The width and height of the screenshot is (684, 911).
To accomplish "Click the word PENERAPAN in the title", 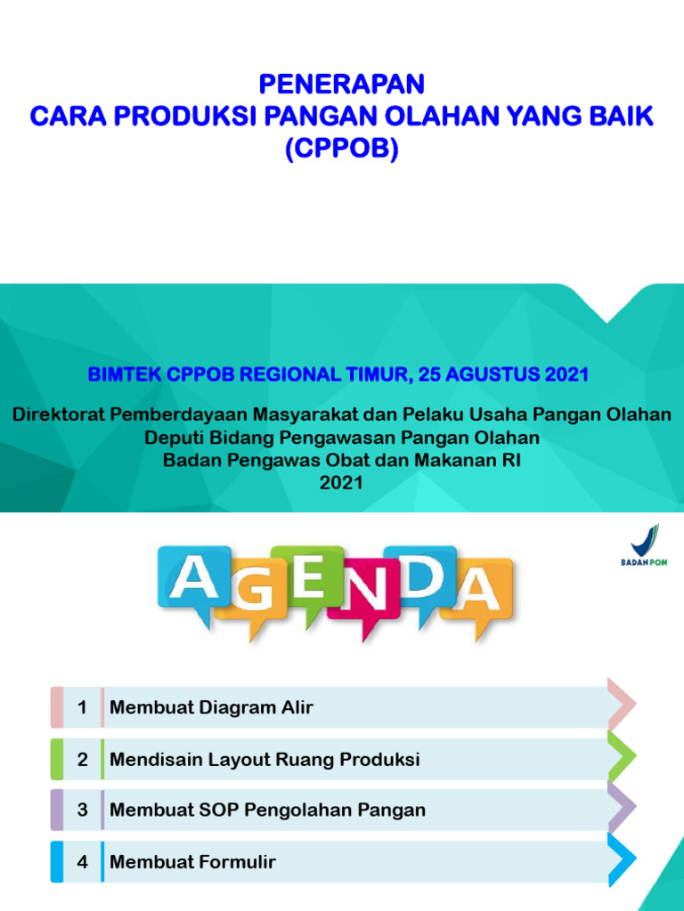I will [x=342, y=85].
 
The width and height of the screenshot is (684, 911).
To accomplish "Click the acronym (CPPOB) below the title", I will [x=342, y=149].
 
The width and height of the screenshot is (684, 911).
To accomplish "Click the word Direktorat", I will [x=57, y=415].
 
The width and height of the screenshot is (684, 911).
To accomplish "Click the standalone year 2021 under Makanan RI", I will [x=342, y=482].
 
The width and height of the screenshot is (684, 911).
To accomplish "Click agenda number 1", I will [x=83, y=708].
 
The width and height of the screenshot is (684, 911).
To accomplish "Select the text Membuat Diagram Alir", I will [x=211, y=708].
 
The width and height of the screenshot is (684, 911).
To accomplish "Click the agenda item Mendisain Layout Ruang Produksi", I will [x=265, y=760].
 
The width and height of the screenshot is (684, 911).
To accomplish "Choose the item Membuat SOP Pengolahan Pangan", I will [x=267, y=810].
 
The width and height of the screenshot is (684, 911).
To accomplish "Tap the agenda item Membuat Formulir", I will [x=192, y=862].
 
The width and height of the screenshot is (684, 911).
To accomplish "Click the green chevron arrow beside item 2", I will [x=622, y=756].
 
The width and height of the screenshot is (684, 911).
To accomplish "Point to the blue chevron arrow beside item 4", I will [x=622, y=859].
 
